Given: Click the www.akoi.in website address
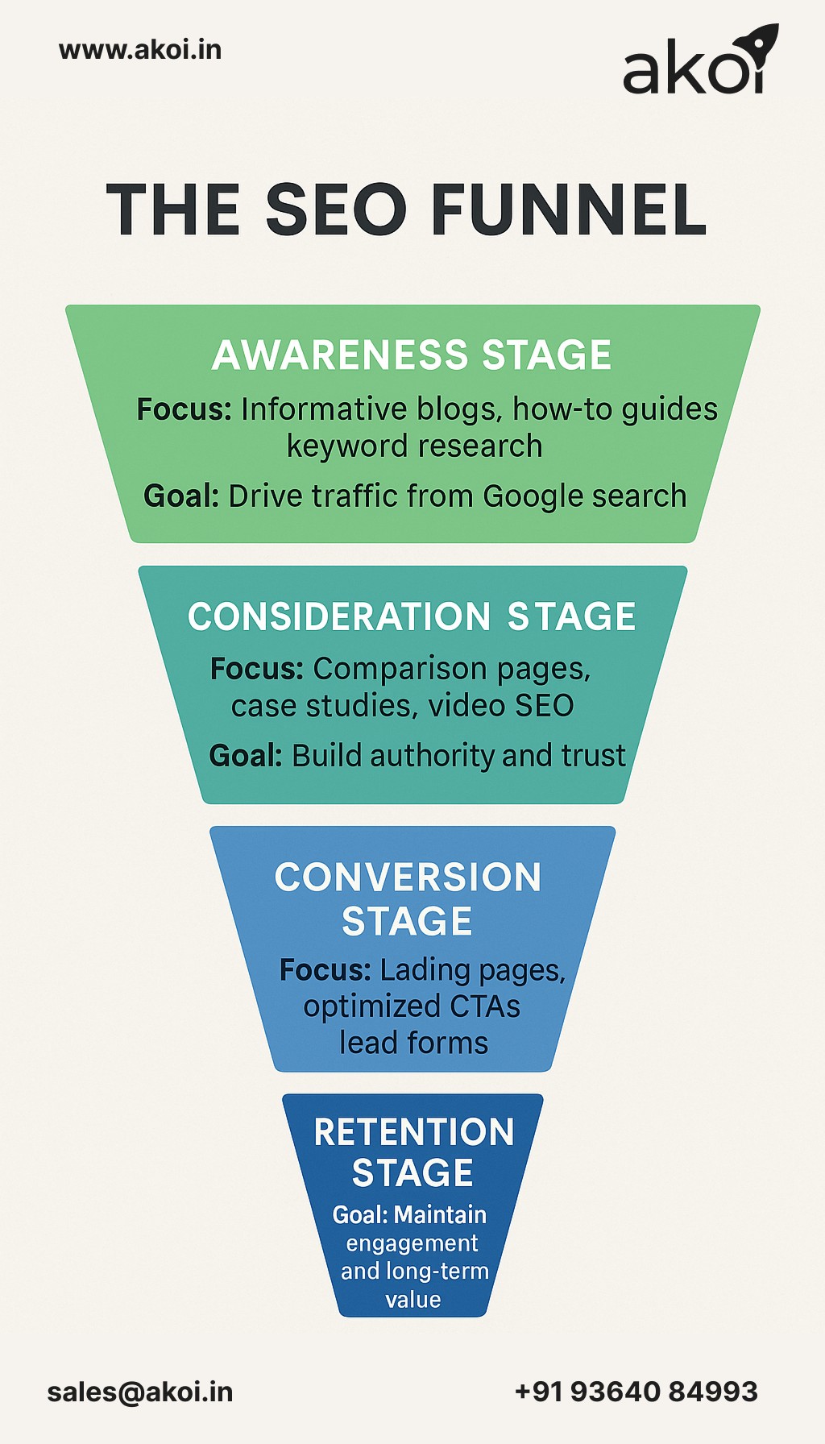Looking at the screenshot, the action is pyautogui.click(x=140, y=50).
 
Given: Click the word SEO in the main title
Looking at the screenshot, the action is pyautogui.click(x=336, y=210).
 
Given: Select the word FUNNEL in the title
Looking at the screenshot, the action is pyautogui.click(x=569, y=210).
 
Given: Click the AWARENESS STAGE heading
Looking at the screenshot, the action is pyautogui.click(x=412, y=355).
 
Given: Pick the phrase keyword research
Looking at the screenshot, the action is pyautogui.click(x=414, y=446).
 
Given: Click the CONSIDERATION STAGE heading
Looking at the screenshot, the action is pyautogui.click(x=412, y=617).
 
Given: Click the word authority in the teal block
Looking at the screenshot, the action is pyautogui.click(x=432, y=756).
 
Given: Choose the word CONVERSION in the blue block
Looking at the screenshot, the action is pyautogui.click(x=408, y=878).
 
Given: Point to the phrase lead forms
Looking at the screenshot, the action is pyautogui.click(x=413, y=1043).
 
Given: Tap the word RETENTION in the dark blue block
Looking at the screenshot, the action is pyautogui.click(x=413, y=1132).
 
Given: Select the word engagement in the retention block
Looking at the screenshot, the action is pyautogui.click(x=412, y=1243).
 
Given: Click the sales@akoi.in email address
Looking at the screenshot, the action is pyautogui.click(x=140, y=1392).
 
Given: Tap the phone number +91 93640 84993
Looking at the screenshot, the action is pyautogui.click(x=636, y=1392).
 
